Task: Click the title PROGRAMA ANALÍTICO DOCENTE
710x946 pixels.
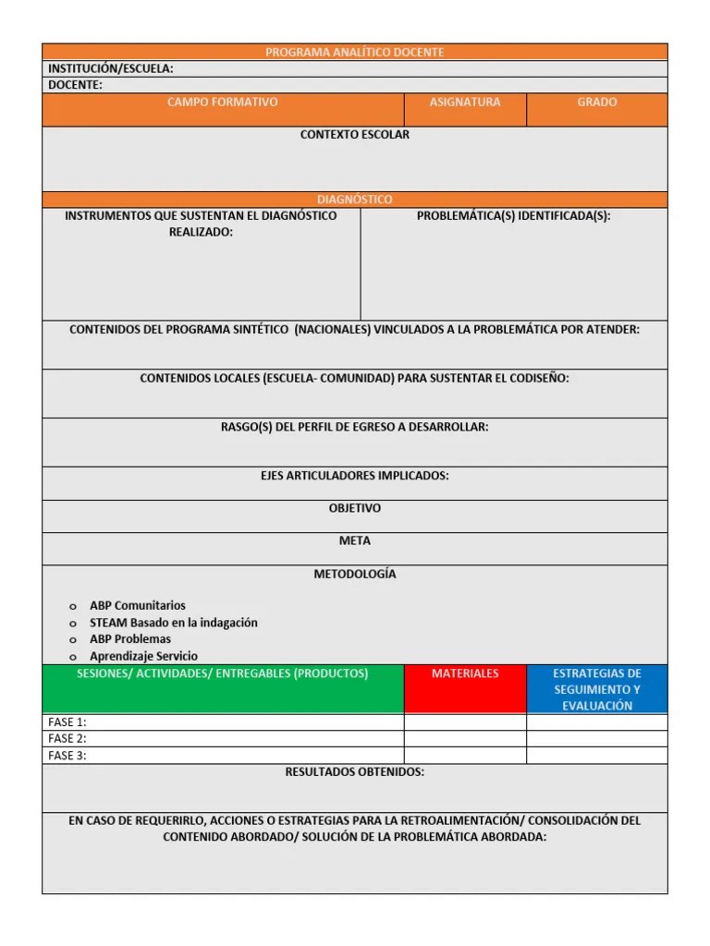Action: [354, 53]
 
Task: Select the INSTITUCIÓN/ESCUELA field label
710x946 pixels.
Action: [110, 68]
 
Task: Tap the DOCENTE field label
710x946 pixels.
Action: [76, 85]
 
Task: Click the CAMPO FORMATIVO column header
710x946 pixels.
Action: [222, 103]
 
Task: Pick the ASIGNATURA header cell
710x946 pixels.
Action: [465, 103]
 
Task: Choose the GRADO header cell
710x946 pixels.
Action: [596, 103]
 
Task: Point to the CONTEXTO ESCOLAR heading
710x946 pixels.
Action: [354, 135]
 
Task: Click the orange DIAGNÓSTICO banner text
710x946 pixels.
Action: [354, 200]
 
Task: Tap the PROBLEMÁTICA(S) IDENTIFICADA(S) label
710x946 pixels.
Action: [513, 216]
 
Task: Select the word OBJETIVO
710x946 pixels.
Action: [354, 508]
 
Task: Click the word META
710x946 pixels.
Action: [354, 540]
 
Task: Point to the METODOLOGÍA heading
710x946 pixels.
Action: [354, 574]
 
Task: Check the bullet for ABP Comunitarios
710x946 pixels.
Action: [72, 607]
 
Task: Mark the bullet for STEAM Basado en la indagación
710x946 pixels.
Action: [72, 624]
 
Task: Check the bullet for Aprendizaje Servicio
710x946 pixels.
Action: [72, 657]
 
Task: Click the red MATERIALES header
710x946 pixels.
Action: [465, 673]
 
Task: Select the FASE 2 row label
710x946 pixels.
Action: [67, 738]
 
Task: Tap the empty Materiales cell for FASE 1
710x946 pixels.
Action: [465, 722]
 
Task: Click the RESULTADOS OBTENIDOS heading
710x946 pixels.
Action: [354, 772]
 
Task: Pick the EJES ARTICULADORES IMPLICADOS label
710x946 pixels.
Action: [354, 476]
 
